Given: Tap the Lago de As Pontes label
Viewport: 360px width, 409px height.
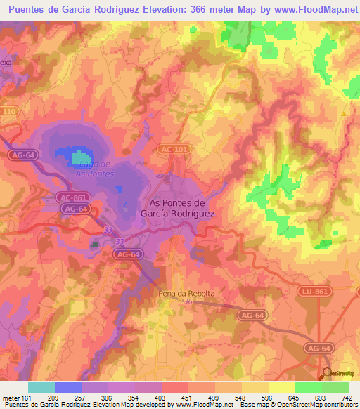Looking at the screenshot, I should (94, 168).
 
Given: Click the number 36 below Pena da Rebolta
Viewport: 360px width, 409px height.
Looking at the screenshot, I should (187, 303).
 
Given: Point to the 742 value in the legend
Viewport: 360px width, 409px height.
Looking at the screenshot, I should (348, 398).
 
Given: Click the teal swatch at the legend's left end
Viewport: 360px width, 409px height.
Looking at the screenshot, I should (41, 387).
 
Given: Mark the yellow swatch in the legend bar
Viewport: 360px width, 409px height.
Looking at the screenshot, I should (281, 387).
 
